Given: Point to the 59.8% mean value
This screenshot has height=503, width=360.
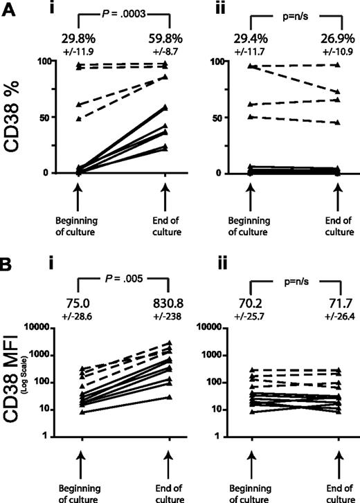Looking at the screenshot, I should click(165, 32).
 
